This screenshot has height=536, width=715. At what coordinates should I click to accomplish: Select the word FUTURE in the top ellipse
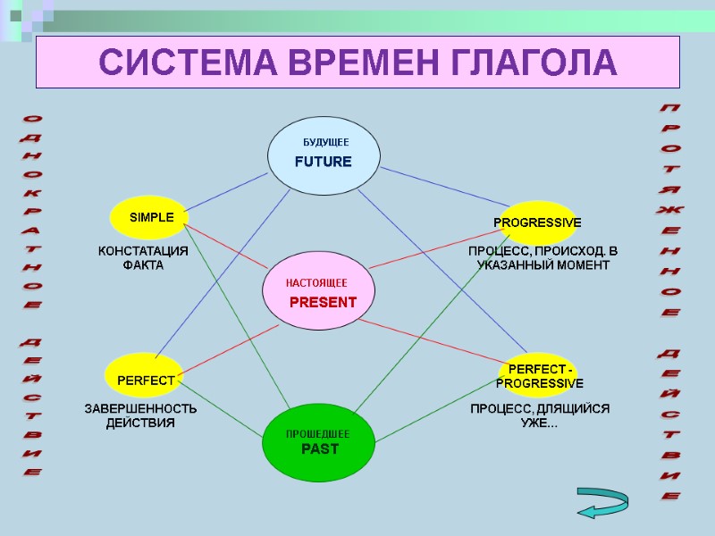tap(324, 162)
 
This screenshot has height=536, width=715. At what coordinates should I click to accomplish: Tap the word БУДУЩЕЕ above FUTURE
tap(325, 142)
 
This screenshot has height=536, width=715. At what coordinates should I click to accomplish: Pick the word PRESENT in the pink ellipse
tap(323, 302)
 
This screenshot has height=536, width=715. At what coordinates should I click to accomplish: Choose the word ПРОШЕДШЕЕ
tap(317, 433)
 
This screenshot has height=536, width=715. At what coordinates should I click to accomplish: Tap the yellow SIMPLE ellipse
tap(150, 218)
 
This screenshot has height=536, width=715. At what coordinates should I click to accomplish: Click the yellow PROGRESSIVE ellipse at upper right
tap(537, 222)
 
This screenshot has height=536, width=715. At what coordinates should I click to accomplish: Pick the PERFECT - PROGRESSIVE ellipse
tap(540, 376)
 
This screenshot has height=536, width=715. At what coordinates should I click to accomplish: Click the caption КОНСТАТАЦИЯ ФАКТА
tap(143, 258)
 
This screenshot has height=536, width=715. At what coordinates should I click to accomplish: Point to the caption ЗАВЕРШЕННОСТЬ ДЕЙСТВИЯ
tap(140, 415)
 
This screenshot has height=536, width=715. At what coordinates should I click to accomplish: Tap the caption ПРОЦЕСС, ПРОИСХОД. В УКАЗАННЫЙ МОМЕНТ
tap(543, 258)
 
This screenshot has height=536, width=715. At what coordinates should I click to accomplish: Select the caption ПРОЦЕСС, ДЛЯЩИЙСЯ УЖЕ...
tap(540, 415)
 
